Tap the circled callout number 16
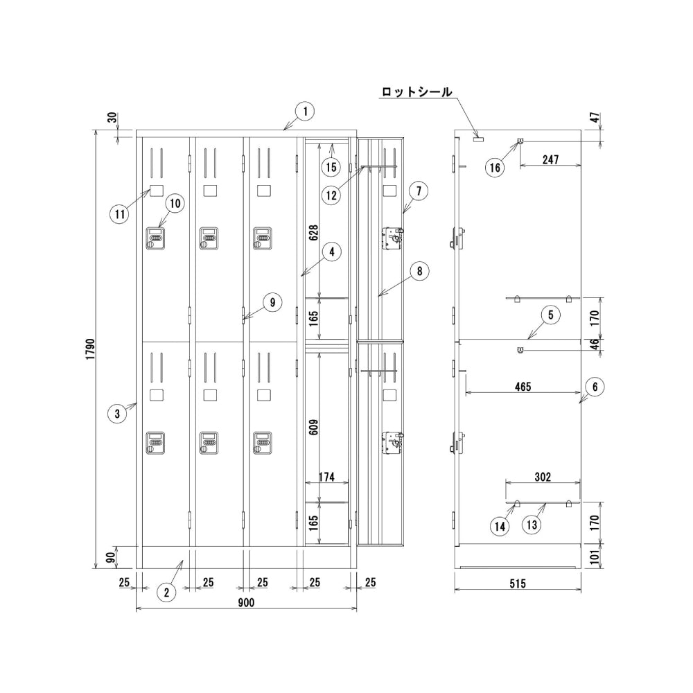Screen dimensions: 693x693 coord(494,167)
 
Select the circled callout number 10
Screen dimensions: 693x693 coord(174,203)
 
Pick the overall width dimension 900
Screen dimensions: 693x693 coord(246,602)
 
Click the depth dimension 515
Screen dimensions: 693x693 coord(517,584)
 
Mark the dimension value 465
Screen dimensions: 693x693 coord(523,387)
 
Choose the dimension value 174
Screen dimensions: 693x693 coord(328,477)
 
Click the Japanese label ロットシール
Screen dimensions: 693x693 coord(416,91)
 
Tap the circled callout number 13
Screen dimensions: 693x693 coord(532,526)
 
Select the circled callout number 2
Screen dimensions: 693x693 coord(166,592)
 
